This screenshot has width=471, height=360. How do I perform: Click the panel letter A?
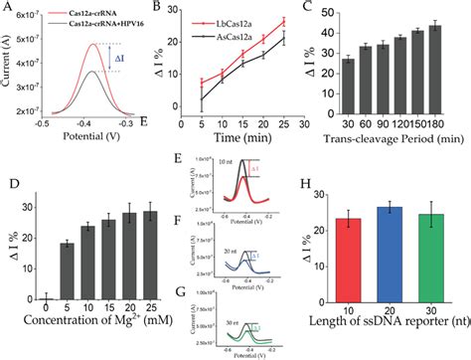[7, 7]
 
